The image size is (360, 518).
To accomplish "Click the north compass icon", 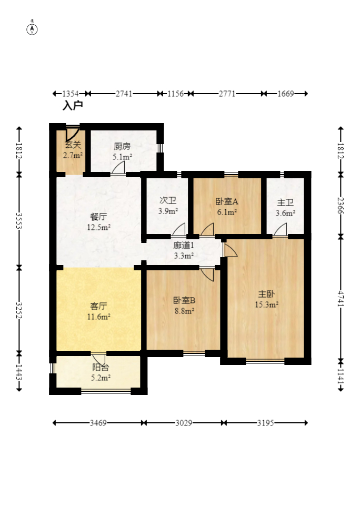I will [x=32, y=29].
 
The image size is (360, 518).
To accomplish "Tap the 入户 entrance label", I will [x=73, y=106].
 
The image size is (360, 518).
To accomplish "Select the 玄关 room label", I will [x=73, y=146].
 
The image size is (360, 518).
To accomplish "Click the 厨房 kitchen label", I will [x=122, y=147].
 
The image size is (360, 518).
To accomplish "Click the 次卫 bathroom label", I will [x=168, y=200].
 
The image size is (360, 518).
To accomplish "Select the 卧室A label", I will [x=227, y=201].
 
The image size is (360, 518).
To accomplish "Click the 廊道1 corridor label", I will [x=184, y=245].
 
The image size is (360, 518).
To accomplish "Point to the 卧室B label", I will [x=184, y=300].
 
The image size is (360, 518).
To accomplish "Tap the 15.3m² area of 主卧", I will [x=266, y=304].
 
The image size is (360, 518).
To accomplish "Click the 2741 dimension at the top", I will [x=124, y=94].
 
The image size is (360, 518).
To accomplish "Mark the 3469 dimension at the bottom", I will [x=98, y=423].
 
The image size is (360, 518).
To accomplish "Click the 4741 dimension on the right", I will [x=341, y=300].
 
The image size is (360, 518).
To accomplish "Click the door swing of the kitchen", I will [x=119, y=168].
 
